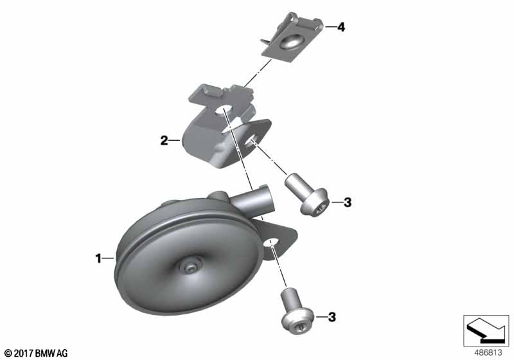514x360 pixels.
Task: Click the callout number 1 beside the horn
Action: [98, 258]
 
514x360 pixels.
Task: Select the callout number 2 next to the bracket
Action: [164, 141]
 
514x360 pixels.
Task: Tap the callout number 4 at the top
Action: [341, 27]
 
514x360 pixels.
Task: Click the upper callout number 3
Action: [348, 203]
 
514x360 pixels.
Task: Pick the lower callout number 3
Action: [332, 317]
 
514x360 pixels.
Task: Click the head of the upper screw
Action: [314, 203]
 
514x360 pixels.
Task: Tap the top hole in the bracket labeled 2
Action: [223, 111]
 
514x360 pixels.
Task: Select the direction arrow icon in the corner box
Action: [486, 330]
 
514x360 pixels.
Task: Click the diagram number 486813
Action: [488, 353]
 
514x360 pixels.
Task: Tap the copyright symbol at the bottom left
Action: [8, 354]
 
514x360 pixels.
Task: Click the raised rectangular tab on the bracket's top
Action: [211, 91]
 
